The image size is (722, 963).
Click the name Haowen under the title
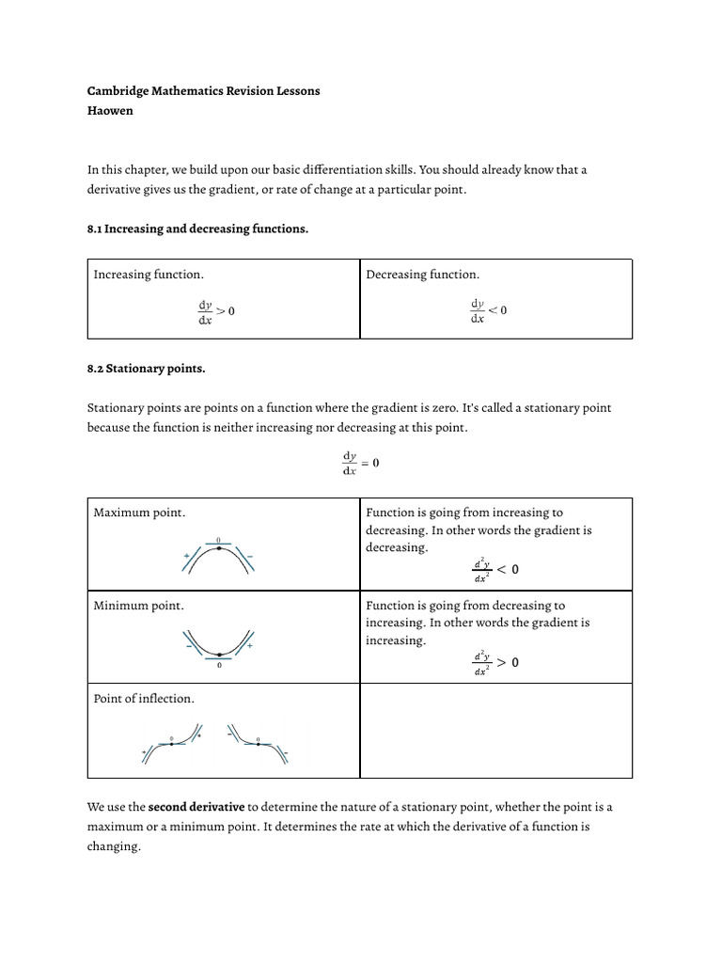(110, 110)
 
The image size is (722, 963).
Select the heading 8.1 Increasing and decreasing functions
(197, 229)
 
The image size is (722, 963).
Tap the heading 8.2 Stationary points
(146, 369)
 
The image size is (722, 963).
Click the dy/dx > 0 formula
(215, 311)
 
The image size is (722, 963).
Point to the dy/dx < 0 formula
(488, 311)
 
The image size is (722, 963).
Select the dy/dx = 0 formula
(360, 464)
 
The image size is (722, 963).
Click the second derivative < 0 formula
(494, 569)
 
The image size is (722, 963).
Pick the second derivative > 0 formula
(494, 662)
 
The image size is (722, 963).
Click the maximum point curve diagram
(218, 557)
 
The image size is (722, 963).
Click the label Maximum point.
(139, 513)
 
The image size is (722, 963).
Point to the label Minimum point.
(138, 606)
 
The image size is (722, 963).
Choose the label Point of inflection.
(144, 699)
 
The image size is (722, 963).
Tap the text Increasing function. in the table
(149, 275)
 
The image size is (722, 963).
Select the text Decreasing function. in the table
(422, 275)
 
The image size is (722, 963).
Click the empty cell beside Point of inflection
(495, 731)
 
